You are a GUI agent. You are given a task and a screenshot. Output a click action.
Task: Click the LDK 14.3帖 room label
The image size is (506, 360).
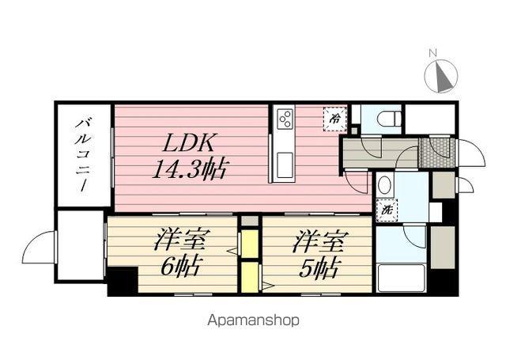(189, 156)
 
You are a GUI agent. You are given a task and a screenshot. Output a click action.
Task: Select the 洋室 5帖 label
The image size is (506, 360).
(317, 253)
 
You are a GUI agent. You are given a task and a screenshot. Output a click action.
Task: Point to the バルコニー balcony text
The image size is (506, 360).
(83, 153)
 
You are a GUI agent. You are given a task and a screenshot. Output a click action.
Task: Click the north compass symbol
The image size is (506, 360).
(441, 77)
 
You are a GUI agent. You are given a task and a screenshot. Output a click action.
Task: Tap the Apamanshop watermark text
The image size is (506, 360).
(253, 321)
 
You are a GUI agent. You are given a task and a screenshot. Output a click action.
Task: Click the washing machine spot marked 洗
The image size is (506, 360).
(387, 210)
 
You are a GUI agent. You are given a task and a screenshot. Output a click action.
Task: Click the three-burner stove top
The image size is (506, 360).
(284, 119)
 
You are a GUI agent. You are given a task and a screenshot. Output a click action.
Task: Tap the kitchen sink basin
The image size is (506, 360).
(284, 167)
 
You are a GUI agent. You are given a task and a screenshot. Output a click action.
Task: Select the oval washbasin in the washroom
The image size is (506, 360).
(384, 186)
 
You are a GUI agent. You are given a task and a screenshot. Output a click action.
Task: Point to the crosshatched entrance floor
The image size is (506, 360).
(435, 148)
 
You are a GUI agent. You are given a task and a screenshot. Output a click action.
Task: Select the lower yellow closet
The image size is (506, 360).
(250, 278)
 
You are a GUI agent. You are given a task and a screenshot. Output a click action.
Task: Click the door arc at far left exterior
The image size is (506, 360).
(39, 248)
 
